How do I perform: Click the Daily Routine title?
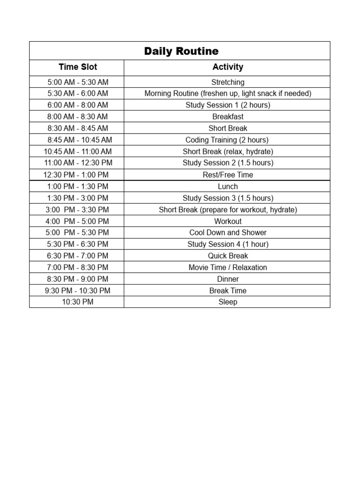point(181,51)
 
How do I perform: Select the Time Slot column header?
point(78,67)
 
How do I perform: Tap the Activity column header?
point(228,67)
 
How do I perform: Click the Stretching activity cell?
point(228,82)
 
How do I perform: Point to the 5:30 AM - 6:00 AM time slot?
point(78,93)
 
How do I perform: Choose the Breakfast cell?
point(228,117)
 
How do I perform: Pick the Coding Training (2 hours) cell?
point(228,140)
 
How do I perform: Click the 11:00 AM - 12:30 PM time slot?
point(78,163)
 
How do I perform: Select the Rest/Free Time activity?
point(228,175)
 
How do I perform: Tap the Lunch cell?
point(228,187)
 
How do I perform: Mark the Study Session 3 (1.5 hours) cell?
point(228,198)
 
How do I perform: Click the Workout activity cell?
point(228,221)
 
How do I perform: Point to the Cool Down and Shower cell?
point(228,232)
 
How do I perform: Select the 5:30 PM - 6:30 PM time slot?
point(78,244)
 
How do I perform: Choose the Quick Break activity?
point(228,256)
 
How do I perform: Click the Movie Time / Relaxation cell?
point(228,267)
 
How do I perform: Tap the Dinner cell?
point(228,279)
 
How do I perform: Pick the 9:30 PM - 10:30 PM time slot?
point(78,291)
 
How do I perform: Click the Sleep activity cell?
point(228,302)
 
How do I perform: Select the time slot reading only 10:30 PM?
point(78,302)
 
